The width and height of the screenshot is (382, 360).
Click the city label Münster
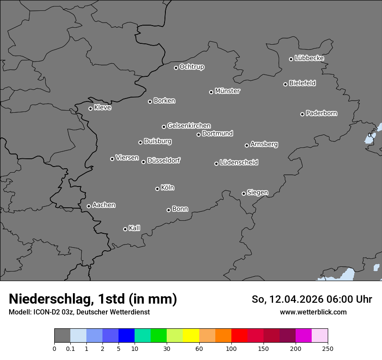point(227,91)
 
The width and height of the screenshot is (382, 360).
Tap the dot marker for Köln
point(157,189)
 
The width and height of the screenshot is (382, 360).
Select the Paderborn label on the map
point(322,113)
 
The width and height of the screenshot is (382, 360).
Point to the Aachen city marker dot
point(89,206)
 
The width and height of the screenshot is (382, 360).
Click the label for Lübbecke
point(309,58)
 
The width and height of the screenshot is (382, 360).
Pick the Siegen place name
point(257,193)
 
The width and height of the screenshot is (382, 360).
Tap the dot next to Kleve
point(90,108)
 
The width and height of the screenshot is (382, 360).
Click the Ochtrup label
point(192,67)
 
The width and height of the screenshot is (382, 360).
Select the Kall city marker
point(125,229)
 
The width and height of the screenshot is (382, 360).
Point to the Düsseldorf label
point(164,160)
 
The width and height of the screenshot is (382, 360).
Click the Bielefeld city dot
point(285,84)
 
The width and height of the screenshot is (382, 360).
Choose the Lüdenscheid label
point(239,163)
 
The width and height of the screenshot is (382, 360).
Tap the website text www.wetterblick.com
point(313,312)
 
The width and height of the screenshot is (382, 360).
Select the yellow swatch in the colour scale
point(191,336)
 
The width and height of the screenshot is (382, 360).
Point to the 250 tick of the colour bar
point(328,348)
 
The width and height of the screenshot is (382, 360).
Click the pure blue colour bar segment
point(126,336)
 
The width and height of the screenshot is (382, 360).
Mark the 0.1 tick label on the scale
point(70,348)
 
